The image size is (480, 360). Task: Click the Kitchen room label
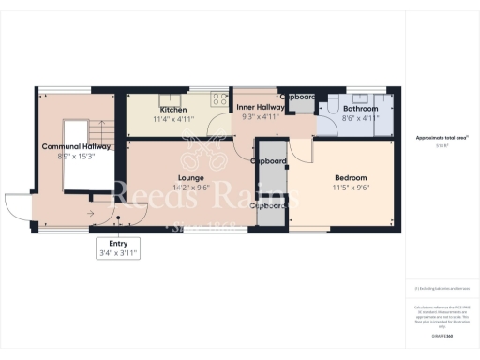[x=172, y=110]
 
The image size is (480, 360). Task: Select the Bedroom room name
[x=351, y=177]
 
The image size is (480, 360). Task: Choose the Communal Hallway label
[x=77, y=147]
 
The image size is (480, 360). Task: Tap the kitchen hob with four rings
[x=221, y=97]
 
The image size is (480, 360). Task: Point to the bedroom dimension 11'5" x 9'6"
[x=351, y=187]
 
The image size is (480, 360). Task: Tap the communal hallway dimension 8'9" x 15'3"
[x=77, y=157]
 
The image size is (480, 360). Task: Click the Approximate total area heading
[x=442, y=138]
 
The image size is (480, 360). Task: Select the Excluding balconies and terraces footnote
[x=442, y=288]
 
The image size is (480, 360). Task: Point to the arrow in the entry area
[x=91, y=215]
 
